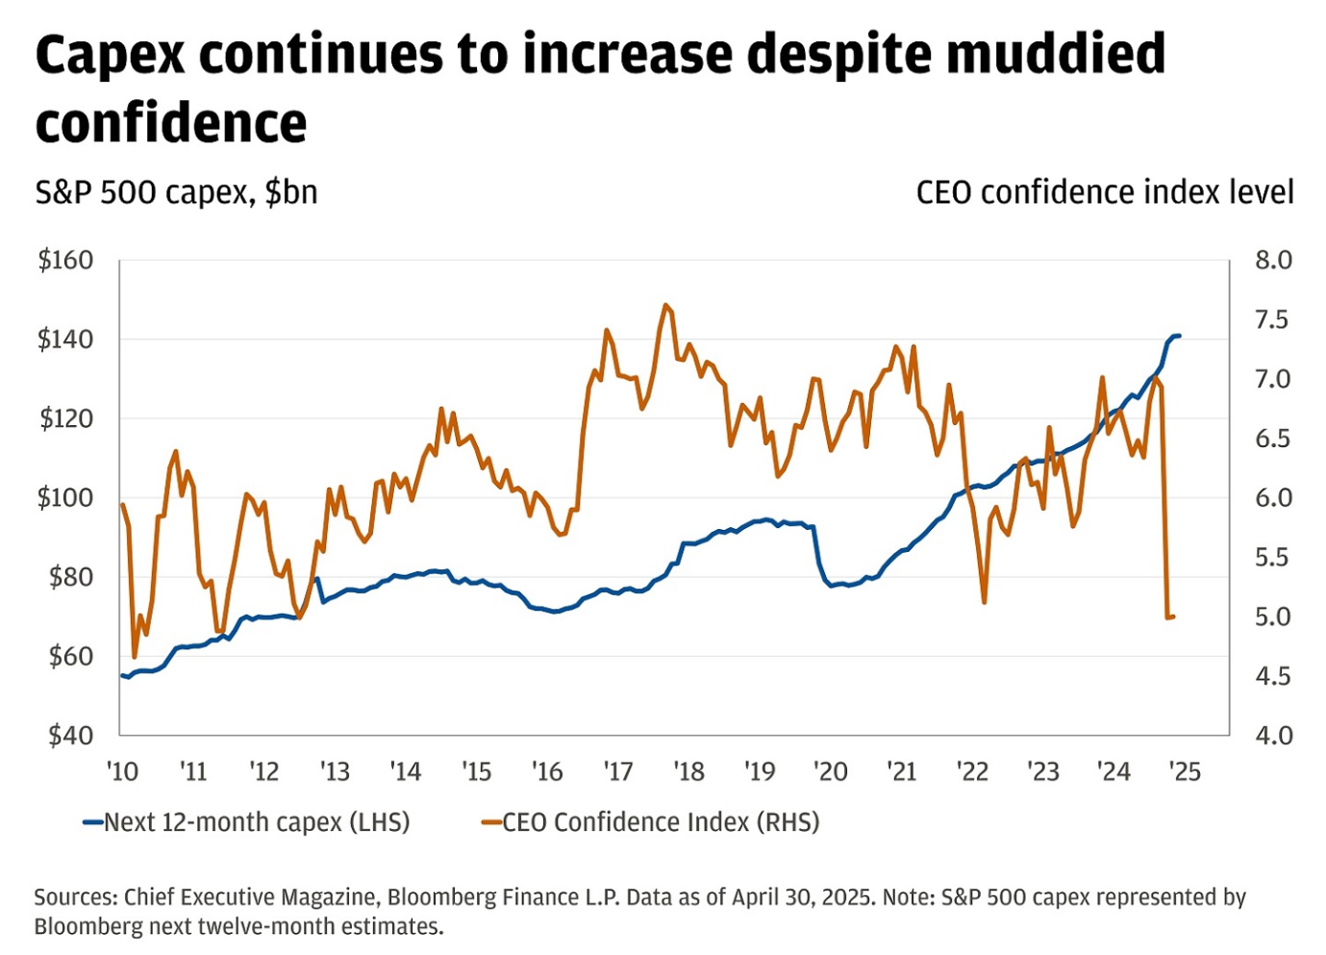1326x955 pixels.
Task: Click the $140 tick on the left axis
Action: pyautogui.click(x=65, y=339)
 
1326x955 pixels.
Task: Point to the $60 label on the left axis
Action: pyautogui.click(x=65, y=657)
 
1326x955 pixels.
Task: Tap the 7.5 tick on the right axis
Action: pyautogui.click(x=1272, y=320)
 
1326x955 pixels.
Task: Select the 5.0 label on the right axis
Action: pyautogui.click(x=1272, y=616)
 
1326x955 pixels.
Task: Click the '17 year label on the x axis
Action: pyautogui.click(x=617, y=772)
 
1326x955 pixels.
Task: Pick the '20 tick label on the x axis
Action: pyautogui.click(x=830, y=772)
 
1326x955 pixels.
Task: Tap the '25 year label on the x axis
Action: pyautogui.click(x=1184, y=772)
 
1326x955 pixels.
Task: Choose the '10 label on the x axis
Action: pyautogui.click(x=122, y=772)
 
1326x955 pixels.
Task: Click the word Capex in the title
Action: pyautogui.click(x=110, y=55)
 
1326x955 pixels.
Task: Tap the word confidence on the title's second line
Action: pyautogui.click(x=171, y=123)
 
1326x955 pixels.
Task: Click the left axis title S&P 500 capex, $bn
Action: pyautogui.click(x=176, y=192)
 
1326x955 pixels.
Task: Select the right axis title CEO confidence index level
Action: pyautogui.click(x=1104, y=192)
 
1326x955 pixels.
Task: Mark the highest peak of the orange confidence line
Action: pyautogui.click(x=665, y=305)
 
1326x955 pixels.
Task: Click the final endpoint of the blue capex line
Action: pyautogui.click(x=1179, y=336)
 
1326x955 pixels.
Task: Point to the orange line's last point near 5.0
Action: pyautogui.click(x=1173, y=616)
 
